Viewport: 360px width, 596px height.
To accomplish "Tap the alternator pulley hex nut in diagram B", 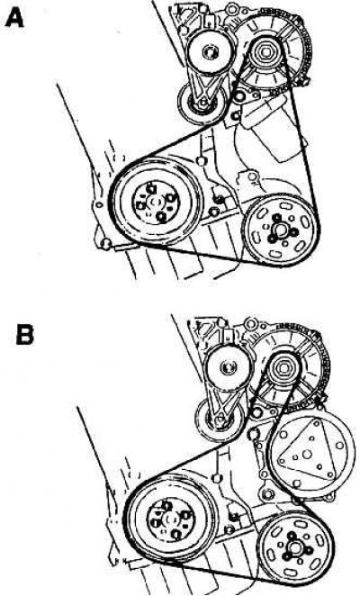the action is (283, 368).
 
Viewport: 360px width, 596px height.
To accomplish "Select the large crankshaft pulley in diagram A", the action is (157, 202).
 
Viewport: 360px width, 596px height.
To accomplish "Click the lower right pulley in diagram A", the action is (280, 230).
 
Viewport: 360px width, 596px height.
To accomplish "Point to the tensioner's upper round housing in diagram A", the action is (210, 52).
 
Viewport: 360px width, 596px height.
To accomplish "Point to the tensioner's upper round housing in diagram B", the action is (228, 367).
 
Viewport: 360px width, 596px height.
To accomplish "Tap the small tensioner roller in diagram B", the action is (220, 420).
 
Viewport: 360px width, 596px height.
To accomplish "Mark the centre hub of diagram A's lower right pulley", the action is (281, 230).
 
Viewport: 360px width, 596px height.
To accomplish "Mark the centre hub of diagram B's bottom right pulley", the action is (295, 547).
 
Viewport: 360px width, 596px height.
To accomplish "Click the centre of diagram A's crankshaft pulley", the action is (156, 203).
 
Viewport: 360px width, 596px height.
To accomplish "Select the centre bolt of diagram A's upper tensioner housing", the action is (210, 52).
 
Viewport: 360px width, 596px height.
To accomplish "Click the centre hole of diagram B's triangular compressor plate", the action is (307, 454).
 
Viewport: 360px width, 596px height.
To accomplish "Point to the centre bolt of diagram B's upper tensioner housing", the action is (228, 367).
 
